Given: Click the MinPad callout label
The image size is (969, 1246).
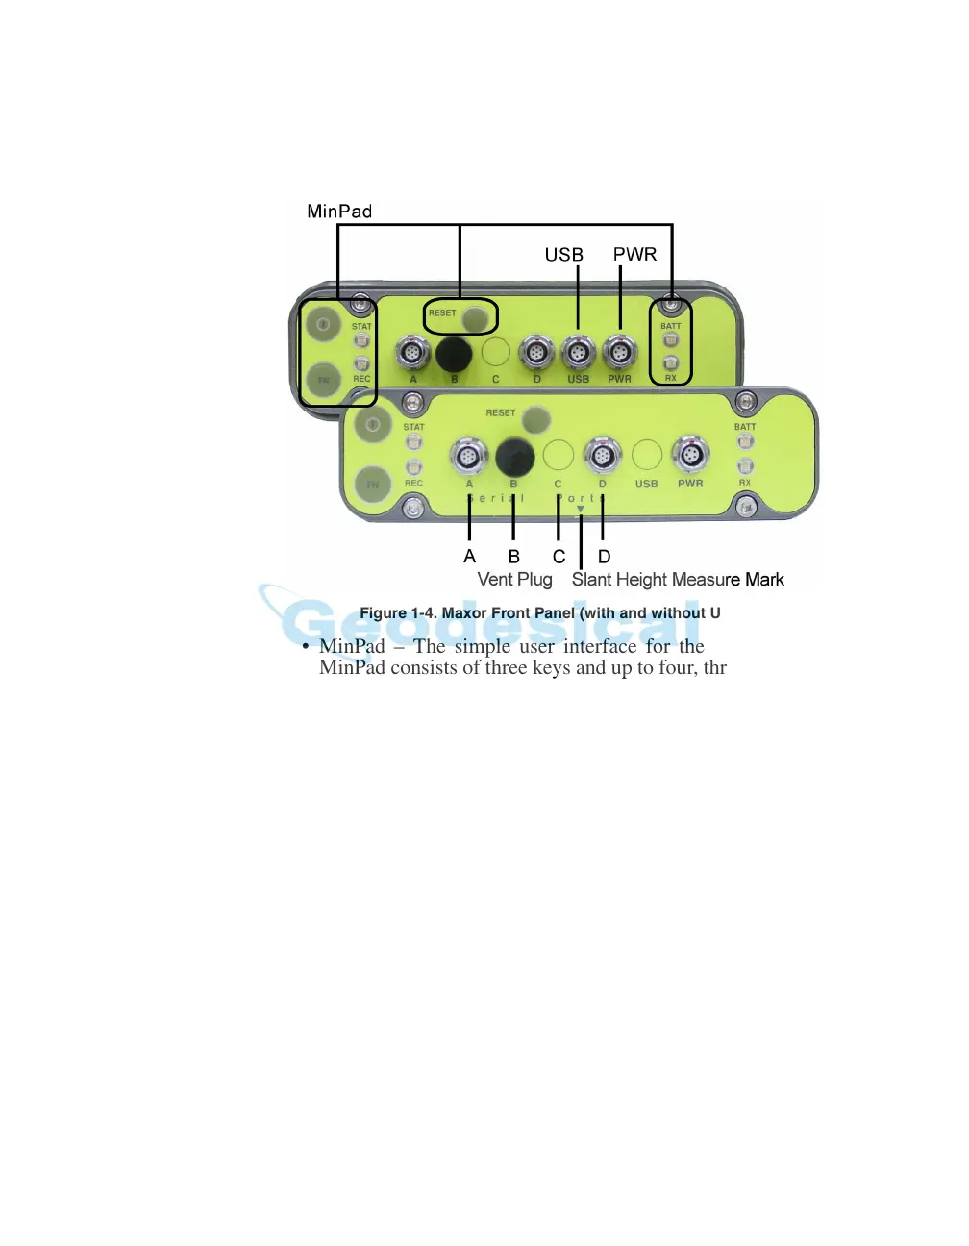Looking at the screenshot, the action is pyautogui.click(x=339, y=212).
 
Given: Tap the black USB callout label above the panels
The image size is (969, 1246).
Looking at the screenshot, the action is pyautogui.click(x=563, y=255).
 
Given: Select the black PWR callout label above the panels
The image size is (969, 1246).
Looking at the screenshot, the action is pyautogui.click(x=634, y=254).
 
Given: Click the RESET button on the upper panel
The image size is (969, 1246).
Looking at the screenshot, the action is pyautogui.click(x=475, y=317).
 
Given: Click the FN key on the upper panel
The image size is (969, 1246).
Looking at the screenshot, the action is pyautogui.click(x=324, y=380).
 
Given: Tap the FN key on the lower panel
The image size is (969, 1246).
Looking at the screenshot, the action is pyautogui.click(x=372, y=485).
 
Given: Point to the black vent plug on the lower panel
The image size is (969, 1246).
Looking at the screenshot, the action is pyautogui.click(x=514, y=457).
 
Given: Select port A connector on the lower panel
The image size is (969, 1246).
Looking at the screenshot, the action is pyautogui.click(x=469, y=456).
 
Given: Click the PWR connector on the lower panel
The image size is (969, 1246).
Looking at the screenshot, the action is pyautogui.click(x=690, y=455).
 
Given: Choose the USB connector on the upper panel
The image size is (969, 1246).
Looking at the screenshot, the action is pyautogui.click(x=578, y=353).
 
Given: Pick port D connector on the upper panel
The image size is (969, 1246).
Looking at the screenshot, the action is pyautogui.click(x=536, y=353).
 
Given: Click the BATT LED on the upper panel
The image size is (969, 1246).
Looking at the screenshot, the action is pyautogui.click(x=671, y=340).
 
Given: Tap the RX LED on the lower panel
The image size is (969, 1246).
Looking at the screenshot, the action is pyautogui.click(x=745, y=466).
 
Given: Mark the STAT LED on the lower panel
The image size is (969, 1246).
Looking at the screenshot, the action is pyautogui.click(x=413, y=442).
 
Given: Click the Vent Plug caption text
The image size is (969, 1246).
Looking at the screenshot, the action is pyautogui.click(x=514, y=580).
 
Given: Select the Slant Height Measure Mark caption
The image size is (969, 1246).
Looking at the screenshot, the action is pyautogui.click(x=678, y=580).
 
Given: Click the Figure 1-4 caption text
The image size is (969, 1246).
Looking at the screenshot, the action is pyautogui.click(x=539, y=613).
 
